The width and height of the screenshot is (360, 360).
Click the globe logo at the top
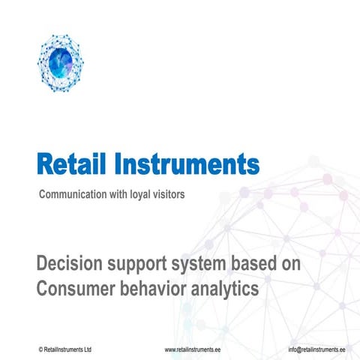point(60,61)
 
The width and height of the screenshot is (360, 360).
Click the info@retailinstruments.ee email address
point(316,350)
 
